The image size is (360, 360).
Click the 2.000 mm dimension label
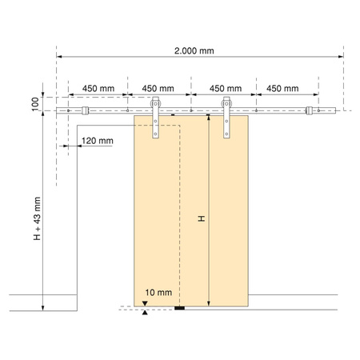click(x=194, y=50)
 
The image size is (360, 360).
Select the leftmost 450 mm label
click(x=98, y=88)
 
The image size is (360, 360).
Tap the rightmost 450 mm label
click(x=282, y=88)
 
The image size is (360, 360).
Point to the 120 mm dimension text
click(x=98, y=141)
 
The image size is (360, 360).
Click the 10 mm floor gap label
click(x=158, y=292)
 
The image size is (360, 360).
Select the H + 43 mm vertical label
click(x=37, y=218)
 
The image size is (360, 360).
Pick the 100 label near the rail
click(x=35, y=104)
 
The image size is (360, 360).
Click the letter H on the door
click(x=202, y=218)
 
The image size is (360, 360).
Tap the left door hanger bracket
click(x=155, y=118)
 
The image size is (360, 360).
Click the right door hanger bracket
click(x=226, y=118)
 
